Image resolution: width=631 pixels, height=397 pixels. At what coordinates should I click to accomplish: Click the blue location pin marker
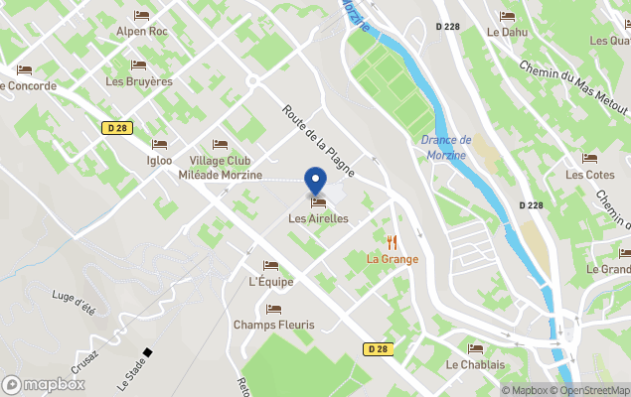(316, 182)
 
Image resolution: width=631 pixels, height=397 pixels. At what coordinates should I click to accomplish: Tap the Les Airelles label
(318, 218)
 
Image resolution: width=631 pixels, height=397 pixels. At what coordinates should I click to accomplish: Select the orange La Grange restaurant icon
(392, 241)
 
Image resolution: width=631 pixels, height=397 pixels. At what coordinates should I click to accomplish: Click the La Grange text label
(392, 259)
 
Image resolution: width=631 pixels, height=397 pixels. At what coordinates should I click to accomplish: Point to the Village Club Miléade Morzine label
(220, 168)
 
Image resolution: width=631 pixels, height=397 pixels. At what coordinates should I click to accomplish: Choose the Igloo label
(159, 161)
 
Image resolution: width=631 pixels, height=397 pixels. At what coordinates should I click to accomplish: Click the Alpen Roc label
(141, 31)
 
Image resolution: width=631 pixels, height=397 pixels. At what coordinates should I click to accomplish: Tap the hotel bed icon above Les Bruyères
(138, 66)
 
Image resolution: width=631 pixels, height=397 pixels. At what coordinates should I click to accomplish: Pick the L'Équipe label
(270, 281)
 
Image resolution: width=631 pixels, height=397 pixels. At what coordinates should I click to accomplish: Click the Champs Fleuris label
(273, 325)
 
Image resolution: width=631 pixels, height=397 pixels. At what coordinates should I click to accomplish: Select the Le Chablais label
(475, 364)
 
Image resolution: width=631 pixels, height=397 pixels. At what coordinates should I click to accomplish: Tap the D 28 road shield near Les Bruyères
(116, 127)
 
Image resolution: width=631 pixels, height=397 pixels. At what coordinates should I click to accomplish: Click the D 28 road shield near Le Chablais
(377, 348)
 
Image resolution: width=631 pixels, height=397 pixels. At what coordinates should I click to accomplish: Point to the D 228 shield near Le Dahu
(449, 26)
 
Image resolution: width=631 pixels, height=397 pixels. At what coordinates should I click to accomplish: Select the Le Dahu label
(507, 32)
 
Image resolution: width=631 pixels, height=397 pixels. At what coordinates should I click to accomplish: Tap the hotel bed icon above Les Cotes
(589, 159)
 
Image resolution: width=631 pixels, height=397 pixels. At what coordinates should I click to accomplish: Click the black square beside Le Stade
(147, 351)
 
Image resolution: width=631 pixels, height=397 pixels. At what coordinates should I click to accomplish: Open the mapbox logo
(44, 384)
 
